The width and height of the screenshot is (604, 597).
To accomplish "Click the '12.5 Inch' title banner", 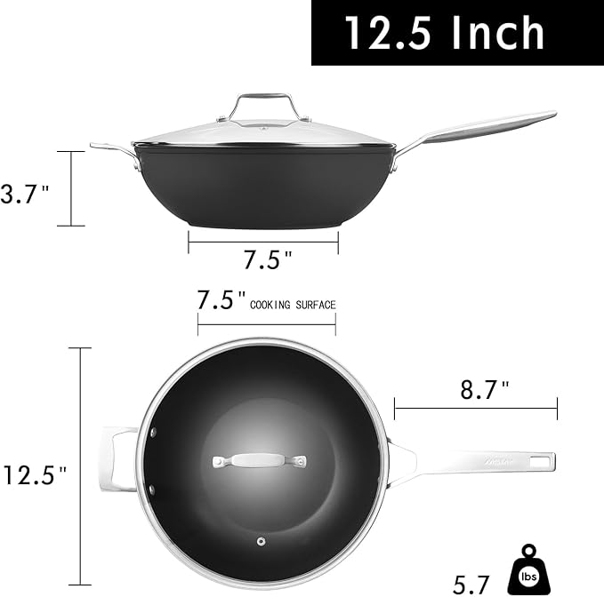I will [x=445, y=33].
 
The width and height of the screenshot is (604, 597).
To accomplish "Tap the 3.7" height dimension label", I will [x=24, y=195].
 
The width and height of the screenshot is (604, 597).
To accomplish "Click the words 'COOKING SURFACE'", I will [x=293, y=305].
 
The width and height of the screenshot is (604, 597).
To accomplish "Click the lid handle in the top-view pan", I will [x=259, y=462].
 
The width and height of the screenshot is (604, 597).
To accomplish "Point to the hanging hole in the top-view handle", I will [x=536, y=461].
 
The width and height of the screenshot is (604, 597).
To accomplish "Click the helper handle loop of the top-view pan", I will [x=117, y=459].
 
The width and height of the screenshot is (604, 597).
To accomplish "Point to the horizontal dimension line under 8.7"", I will [x=475, y=410].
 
